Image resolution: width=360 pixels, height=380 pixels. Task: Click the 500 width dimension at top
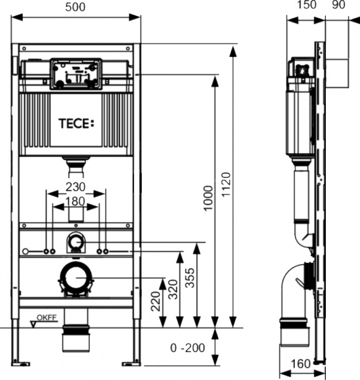(76, 6)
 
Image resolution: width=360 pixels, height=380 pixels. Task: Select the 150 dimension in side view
(306, 6)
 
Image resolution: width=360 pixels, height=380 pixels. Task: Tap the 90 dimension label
(338, 6)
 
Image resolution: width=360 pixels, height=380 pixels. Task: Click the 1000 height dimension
(208, 201)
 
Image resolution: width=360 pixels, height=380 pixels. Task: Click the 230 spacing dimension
(76, 188)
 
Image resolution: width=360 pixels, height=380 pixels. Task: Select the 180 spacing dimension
(76, 201)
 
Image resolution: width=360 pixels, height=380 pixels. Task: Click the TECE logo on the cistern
(76, 122)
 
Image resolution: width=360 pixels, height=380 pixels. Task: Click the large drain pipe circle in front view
(76, 278)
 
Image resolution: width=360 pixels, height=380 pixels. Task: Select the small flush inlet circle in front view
(76, 241)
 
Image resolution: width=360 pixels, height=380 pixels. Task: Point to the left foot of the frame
(21, 363)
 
